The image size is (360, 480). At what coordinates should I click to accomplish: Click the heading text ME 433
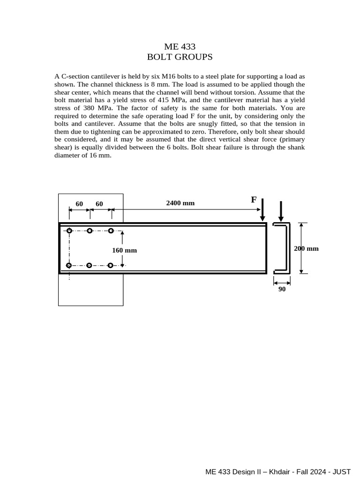click(180, 46)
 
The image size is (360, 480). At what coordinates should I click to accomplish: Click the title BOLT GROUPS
click(180, 57)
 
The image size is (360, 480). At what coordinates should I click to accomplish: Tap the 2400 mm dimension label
click(180, 203)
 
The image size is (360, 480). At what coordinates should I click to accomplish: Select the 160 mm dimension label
click(124, 250)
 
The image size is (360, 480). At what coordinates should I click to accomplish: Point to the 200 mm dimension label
click(306, 248)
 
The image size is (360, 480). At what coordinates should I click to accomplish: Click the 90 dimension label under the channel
click(282, 289)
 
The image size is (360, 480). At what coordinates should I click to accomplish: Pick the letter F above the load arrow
click(254, 200)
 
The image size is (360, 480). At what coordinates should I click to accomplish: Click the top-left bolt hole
click(69, 231)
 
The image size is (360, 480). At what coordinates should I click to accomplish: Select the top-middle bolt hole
click(90, 231)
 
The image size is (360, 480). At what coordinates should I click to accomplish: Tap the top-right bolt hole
click(111, 231)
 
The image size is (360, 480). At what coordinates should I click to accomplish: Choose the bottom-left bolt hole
click(69, 265)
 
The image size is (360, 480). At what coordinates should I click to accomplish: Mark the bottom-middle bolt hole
click(89, 265)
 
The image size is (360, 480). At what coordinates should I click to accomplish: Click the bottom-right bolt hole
click(110, 265)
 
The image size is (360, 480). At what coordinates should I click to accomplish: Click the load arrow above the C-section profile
click(281, 211)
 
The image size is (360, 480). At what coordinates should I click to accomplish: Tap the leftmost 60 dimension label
click(79, 204)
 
